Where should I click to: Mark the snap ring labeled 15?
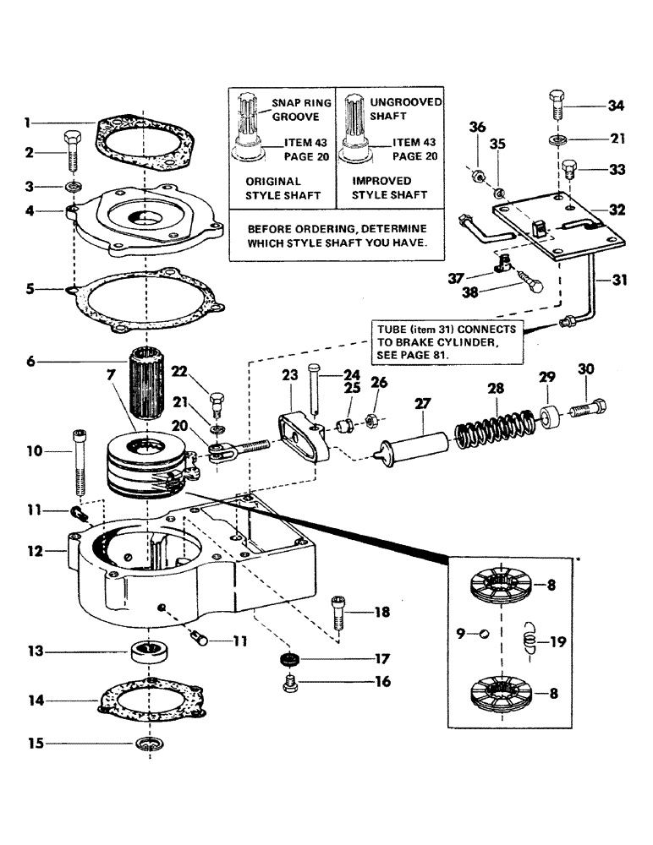pyautogui.click(x=150, y=744)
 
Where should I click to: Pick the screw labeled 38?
pyautogui.click(x=530, y=281)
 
